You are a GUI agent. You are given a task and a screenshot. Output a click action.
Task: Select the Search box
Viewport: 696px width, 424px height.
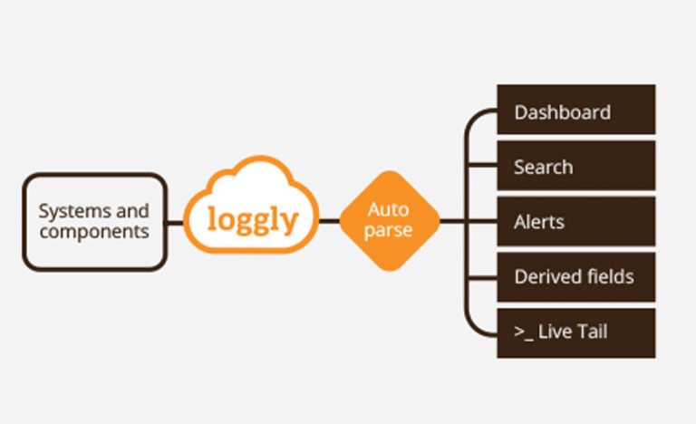click(x=575, y=166)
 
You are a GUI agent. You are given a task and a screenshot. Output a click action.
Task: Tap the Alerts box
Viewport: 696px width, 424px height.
click(x=575, y=221)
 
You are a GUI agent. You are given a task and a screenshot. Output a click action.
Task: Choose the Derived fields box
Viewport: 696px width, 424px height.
click(x=575, y=276)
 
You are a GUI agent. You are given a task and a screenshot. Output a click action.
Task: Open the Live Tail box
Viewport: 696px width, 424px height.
click(x=575, y=332)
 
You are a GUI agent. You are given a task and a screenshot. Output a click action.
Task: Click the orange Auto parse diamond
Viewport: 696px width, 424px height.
click(x=390, y=220)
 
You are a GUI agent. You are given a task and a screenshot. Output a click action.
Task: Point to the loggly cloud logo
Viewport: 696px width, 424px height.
click(x=252, y=214)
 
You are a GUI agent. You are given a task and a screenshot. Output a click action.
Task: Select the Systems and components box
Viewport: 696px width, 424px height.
click(x=94, y=221)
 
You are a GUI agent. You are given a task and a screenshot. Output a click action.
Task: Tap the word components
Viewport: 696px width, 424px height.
click(x=93, y=231)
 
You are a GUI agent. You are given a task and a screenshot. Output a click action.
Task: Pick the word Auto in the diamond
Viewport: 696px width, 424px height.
click(x=389, y=210)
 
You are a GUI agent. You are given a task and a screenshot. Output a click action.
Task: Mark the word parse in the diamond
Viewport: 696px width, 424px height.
click(x=389, y=230)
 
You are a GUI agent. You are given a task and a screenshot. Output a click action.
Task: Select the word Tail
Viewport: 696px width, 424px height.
click(x=592, y=332)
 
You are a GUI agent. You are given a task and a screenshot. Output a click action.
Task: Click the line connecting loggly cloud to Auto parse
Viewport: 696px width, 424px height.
click(x=330, y=220)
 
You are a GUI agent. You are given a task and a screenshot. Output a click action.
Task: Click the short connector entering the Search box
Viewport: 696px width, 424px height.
click(x=482, y=166)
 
